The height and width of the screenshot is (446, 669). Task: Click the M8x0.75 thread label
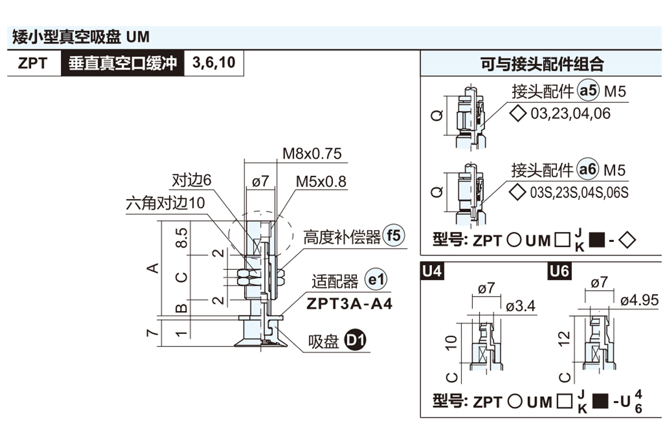312,154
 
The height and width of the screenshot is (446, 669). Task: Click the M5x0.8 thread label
321,182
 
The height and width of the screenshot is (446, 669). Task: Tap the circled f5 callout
394,236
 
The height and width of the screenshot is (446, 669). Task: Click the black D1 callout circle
356,340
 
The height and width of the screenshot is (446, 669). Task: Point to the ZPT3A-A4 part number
349,304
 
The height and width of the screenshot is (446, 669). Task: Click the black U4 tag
433,272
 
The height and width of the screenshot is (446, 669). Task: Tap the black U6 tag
559,272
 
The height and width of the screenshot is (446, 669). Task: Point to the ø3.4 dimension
521,306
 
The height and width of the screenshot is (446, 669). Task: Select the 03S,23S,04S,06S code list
579,193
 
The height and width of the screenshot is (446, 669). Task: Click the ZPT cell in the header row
32,62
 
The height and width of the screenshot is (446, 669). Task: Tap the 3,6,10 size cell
214,62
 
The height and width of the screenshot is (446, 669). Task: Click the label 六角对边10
166,203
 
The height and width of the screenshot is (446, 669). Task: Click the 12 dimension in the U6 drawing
565,337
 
